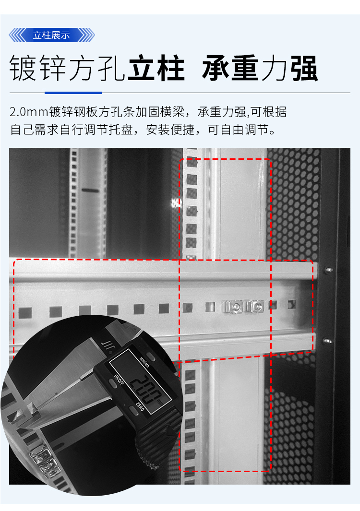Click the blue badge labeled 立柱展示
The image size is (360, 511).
[x=51, y=35]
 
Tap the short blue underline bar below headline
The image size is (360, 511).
[x=73, y=92]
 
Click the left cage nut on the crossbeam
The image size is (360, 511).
[x=235, y=306]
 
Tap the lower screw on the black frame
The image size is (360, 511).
[x=328, y=341]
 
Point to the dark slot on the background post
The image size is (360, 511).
[x=90, y=190]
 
